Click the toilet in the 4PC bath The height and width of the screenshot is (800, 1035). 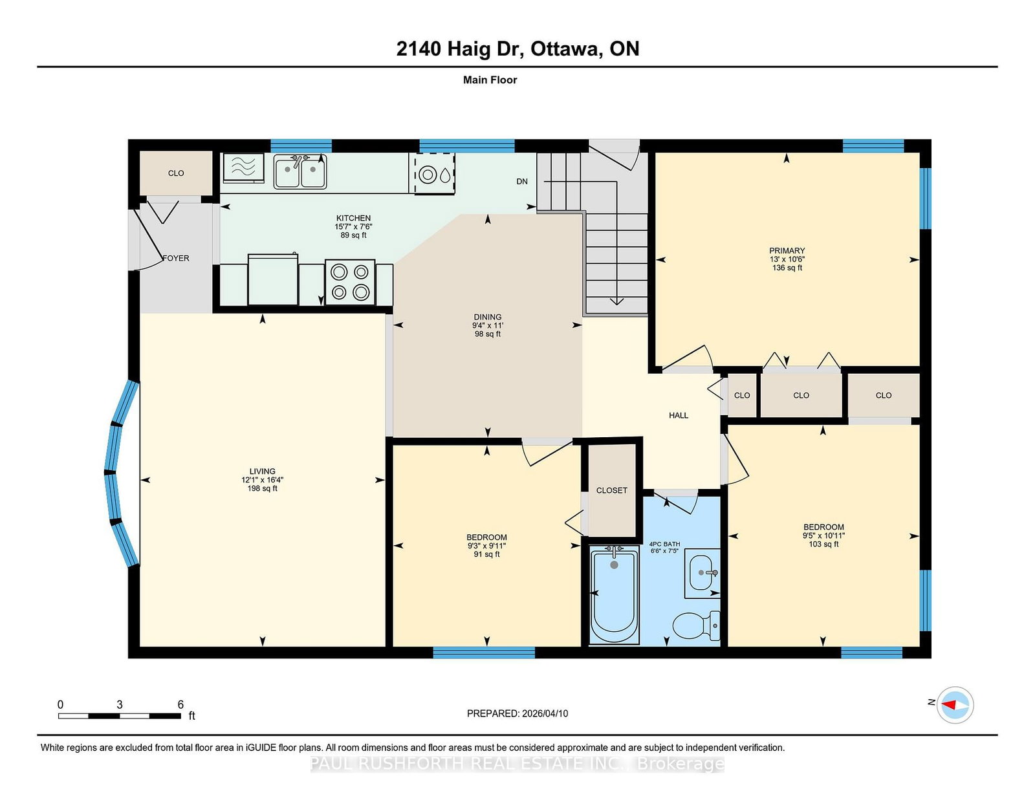696,626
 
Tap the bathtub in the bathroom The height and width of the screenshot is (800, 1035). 614,595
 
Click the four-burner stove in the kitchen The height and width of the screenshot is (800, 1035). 350,282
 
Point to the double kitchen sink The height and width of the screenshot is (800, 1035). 300,171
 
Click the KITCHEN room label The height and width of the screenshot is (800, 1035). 353,218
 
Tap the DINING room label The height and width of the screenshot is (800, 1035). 487,317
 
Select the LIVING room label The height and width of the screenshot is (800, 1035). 263,471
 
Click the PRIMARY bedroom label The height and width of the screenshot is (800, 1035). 787,251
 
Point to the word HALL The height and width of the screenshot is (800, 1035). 679,416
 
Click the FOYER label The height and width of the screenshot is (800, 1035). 176,258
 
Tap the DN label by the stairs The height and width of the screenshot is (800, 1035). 522,182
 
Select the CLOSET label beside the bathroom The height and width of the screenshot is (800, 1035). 611,490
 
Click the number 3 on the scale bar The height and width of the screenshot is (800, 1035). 120,705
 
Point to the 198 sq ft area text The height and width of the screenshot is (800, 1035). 263,488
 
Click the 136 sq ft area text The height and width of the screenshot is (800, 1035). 787,268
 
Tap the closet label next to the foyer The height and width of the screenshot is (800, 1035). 176,173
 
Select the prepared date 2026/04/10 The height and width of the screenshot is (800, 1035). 545,713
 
